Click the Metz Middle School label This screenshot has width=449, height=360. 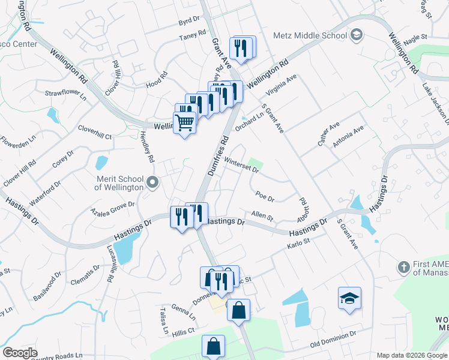[x=310, y=35]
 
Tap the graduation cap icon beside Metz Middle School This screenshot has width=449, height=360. [x=357, y=35]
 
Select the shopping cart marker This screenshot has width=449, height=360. [x=185, y=123]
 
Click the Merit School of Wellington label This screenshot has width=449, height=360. [x=120, y=183]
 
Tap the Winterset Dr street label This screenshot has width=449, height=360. [x=241, y=165]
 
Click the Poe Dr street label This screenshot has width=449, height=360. [x=264, y=196]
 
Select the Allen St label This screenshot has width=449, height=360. [x=262, y=215]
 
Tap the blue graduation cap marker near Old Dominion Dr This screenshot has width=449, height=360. [x=349, y=298]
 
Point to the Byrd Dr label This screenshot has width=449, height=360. [x=188, y=21]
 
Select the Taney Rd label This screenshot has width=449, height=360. [x=193, y=37]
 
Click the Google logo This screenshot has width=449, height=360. [x=20, y=353]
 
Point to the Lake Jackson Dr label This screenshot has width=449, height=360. [x=435, y=99]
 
